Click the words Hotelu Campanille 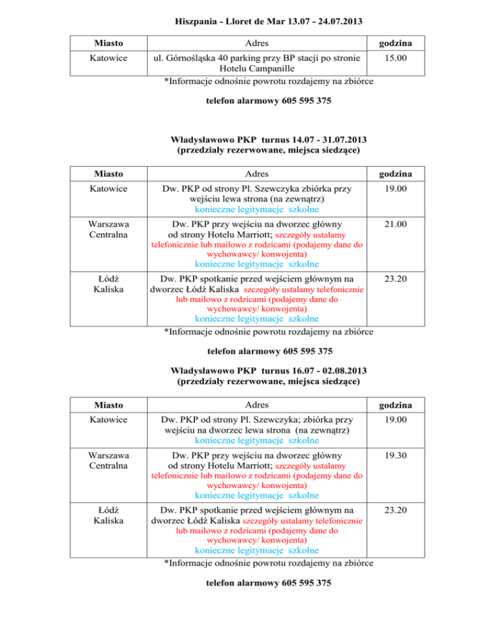(x=256, y=69)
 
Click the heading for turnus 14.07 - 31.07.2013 (x=268, y=140)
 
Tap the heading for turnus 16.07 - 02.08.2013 (x=268, y=371)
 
